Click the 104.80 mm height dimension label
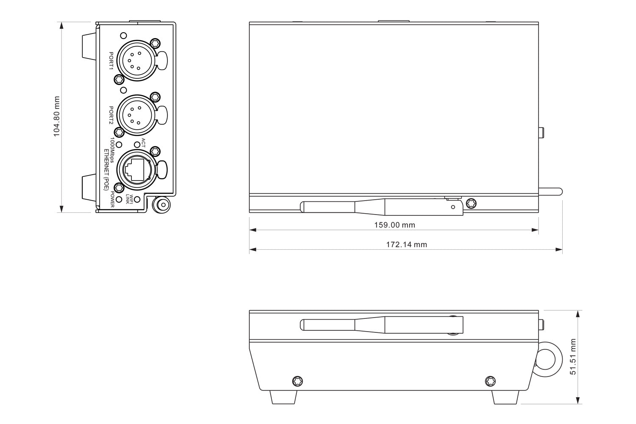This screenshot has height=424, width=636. (56, 117)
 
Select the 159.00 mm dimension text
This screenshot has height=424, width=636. (394, 225)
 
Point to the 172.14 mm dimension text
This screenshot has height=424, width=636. (406, 245)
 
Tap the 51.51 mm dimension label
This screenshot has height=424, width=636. (573, 357)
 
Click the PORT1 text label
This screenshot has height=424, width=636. (111, 61)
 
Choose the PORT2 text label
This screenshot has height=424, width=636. (111, 115)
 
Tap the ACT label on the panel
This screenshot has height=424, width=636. (143, 142)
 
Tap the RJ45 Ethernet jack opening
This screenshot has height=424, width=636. (134, 169)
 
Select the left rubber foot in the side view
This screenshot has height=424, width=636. (283, 397)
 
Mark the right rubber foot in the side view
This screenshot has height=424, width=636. (505, 397)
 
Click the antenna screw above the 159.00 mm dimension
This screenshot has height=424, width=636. (470, 203)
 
